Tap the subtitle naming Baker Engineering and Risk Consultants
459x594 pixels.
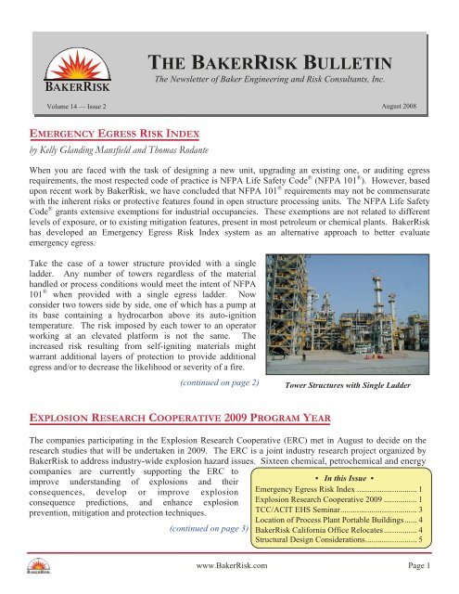(x=274, y=84)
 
